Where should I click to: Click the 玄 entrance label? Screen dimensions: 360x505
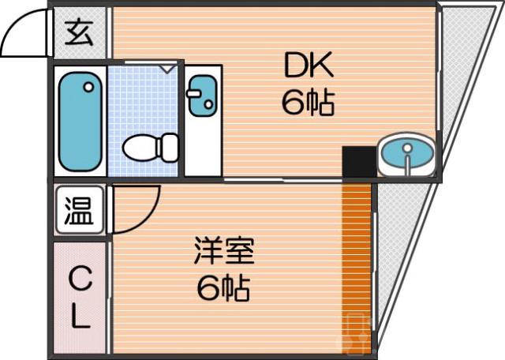point(80,33)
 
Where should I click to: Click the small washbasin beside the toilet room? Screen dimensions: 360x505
point(203,94)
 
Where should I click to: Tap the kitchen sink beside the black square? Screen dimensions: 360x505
point(406,154)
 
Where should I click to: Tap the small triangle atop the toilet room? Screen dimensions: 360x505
point(167,69)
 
